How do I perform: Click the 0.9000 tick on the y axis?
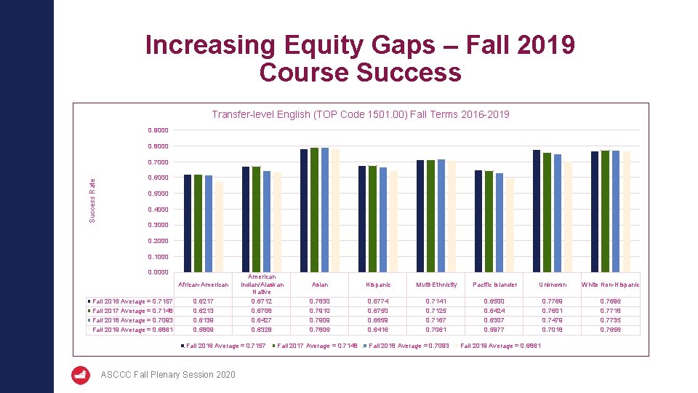(x=157, y=130)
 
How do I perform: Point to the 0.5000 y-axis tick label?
(x=157, y=194)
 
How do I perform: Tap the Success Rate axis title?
(x=92, y=201)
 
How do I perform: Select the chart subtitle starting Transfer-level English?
(x=360, y=114)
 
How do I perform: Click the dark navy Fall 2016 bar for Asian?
(x=304, y=211)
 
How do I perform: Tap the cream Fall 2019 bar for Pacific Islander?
(x=510, y=226)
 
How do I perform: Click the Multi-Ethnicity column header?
(x=436, y=285)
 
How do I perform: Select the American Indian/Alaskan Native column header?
(x=261, y=285)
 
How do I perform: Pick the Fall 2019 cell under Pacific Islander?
(x=494, y=330)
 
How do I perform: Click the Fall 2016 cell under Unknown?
(x=553, y=301)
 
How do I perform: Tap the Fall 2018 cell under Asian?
(x=320, y=320)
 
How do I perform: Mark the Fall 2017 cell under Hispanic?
(x=378, y=311)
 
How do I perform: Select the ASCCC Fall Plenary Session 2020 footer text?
(x=168, y=375)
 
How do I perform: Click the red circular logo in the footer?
(x=81, y=375)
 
